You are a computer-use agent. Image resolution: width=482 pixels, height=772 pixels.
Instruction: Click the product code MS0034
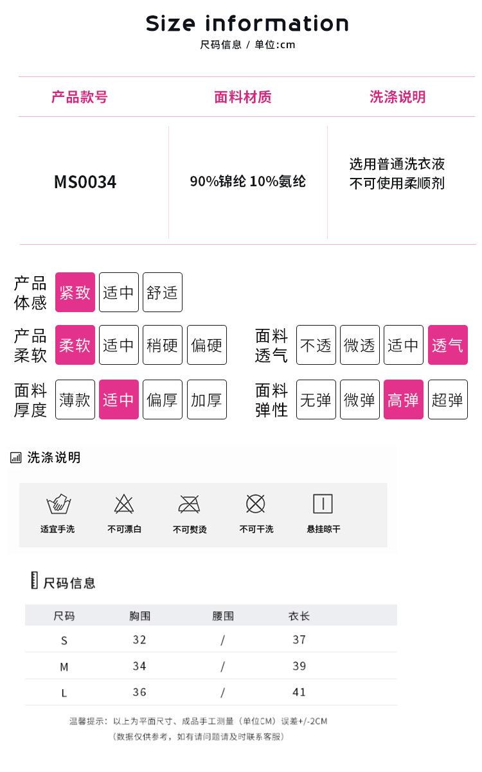[x=85, y=182]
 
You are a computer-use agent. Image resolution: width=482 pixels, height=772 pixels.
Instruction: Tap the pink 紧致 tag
[x=75, y=292]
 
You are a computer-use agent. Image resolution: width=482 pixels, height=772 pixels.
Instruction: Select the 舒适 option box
[x=163, y=292]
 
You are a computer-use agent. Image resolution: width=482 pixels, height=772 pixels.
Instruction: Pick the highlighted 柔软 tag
[x=75, y=345]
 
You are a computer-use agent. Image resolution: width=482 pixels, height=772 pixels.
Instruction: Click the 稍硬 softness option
[x=163, y=345]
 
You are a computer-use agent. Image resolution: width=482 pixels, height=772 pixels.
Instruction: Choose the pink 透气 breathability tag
[x=448, y=345]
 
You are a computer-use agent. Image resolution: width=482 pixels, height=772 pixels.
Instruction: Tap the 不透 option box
[x=316, y=345]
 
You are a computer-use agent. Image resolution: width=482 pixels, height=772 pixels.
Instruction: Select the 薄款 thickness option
[x=75, y=399]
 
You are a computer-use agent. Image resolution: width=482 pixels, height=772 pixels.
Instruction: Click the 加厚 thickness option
[x=207, y=399]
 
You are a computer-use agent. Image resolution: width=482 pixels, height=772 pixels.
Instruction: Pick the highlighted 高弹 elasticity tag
[x=404, y=399]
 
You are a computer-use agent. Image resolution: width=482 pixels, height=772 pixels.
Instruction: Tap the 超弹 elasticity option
[x=448, y=399]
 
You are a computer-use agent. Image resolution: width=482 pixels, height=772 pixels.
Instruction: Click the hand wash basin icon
[x=58, y=504]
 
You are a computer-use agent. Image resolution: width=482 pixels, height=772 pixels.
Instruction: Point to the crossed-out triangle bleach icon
[x=124, y=504]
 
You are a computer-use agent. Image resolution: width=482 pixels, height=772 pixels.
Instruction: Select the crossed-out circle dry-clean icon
[x=256, y=504]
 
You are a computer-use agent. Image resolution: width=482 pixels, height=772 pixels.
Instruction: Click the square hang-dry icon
[x=323, y=504]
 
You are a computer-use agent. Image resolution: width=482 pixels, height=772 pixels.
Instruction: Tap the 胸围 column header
[x=139, y=616]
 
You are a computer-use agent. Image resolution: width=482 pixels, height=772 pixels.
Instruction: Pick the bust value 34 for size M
[x=139, y=666]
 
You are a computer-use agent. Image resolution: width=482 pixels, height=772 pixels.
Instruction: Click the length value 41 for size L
[x=299, y=692]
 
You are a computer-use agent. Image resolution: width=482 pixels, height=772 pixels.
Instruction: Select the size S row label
[x=64, y=640]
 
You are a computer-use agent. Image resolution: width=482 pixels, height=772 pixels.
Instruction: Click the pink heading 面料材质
[x=243, y=97]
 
